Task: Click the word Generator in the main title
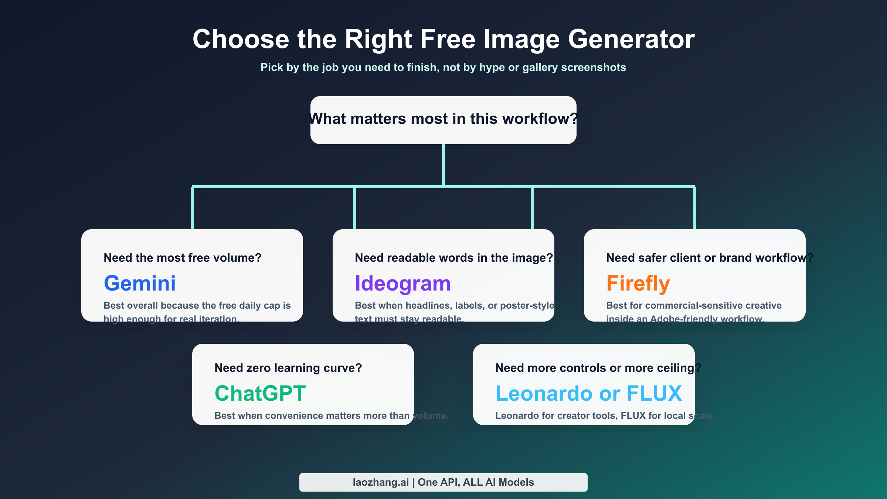[x=631, y=39]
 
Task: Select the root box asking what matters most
[x=443, y=120]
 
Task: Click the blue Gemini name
[x=140, y=283]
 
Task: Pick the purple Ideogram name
[x=402, y=284]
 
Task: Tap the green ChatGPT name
[x=260, y=393]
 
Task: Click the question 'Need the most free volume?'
[x=183, y=258]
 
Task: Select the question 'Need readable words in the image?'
[x=453, y=258]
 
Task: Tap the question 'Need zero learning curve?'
[x=288, y=368]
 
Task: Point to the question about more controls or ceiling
[x=598, y=368]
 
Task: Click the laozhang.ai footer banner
[x=443, y=482]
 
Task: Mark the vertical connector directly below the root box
[x=443, y=164]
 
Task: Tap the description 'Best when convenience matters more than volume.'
[x=331, y=415]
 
